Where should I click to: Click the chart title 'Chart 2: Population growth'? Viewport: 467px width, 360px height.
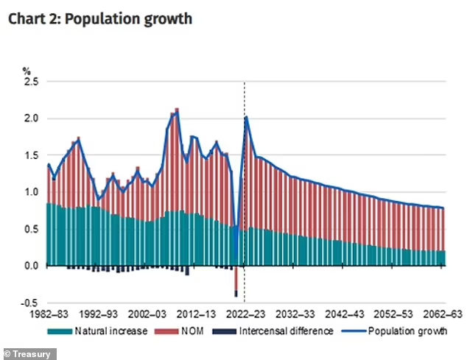click(100, 19)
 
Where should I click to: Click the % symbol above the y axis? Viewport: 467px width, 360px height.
click(27, 71)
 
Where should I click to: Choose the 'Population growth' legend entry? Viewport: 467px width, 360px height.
click(407, 331)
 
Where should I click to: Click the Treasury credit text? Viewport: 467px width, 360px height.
click(29, 353)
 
